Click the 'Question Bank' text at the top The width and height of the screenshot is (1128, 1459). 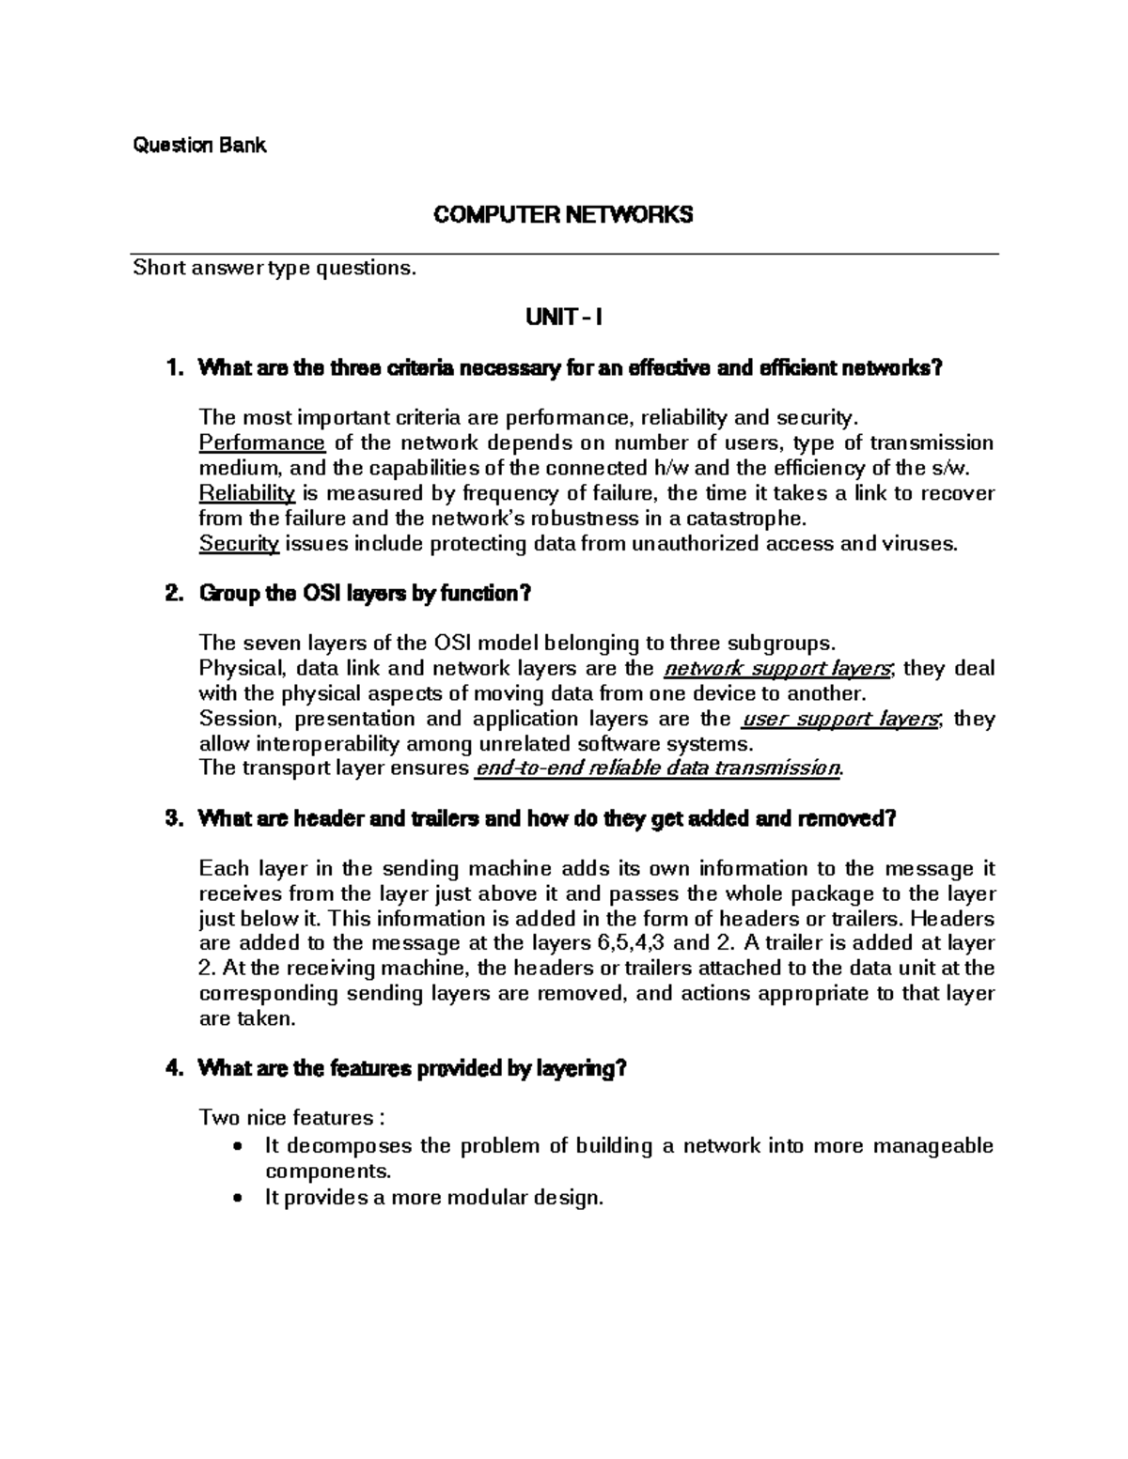click(199, 145)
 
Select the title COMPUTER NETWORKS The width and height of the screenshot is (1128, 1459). click(562, 215)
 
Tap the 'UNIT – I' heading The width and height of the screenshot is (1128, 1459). click(563, 318)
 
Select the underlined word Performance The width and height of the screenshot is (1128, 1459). click(262, 443)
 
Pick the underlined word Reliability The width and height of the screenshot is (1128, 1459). click(247, 493)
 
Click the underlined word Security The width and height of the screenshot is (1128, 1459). click(239, 544)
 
